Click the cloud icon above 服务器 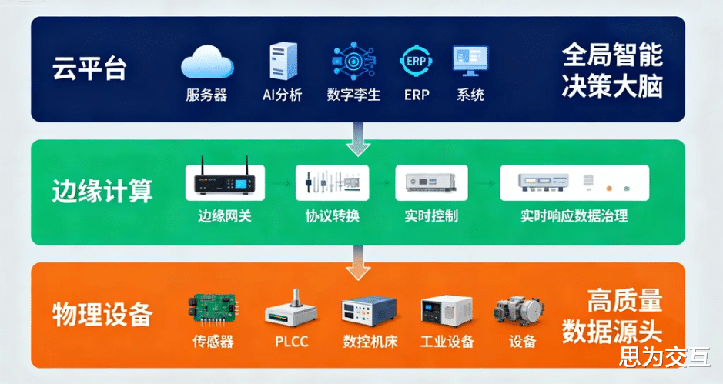click(x=207, y=63)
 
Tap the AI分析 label click(x=283, y=95)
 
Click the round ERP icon click(x=417, y=62)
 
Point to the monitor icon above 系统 click(x=470, y=62)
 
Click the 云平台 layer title click(x=89, y=68)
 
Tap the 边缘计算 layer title click(x=102, y=191)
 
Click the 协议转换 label click(x=333, y=215)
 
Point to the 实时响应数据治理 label click(x=574, y=215)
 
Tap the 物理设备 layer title click(x=102, y=314)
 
